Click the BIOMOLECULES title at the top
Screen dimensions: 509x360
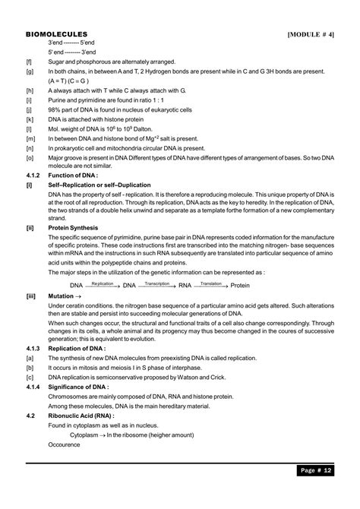pos(56,35)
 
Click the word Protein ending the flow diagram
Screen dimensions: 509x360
pos(239,286)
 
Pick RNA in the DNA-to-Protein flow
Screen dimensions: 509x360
pos(185,286)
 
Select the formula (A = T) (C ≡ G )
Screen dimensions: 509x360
pos(69,81)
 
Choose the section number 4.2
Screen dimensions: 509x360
pos(31,417)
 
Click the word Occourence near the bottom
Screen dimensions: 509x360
pos(65,446)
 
